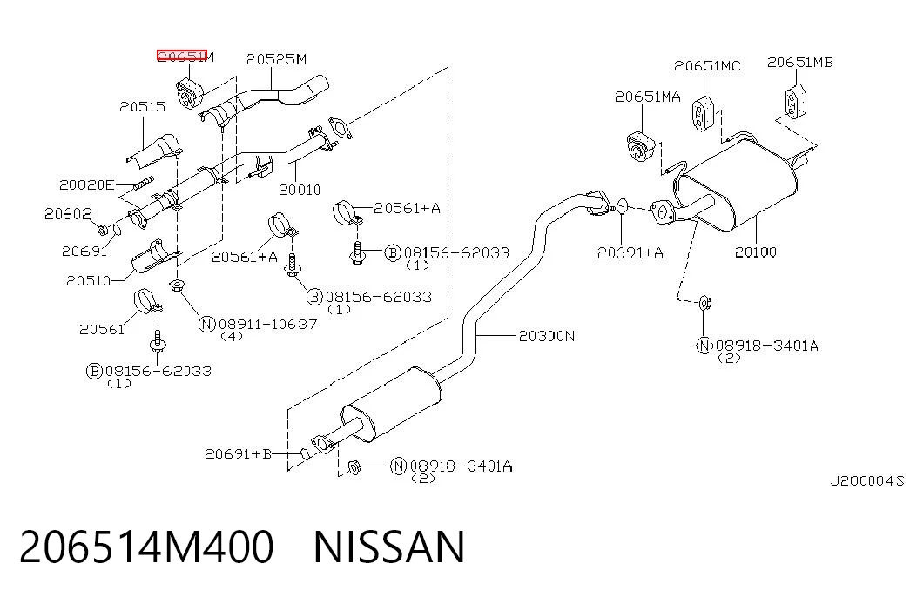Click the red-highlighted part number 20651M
click(185, 56)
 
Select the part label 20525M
click(276, 59)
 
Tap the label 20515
click(142, 107)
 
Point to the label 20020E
click(86, 185)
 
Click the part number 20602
click(68, 214)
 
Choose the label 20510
click(88, 281)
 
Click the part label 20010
click(300, 190)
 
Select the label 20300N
click(547, 336)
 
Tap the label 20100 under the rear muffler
click(756, 252)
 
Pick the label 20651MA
click(648, 97)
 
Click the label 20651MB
click(799, 62)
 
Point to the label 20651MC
click(707, 66)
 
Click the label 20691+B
click(238, 453)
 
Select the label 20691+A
click(630, 253)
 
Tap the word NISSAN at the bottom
click(389, 547)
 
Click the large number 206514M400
click(146, 547)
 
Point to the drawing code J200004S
click(867, 481)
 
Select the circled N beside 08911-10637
click(207, 324)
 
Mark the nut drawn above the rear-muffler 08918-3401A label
click(704, 303)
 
